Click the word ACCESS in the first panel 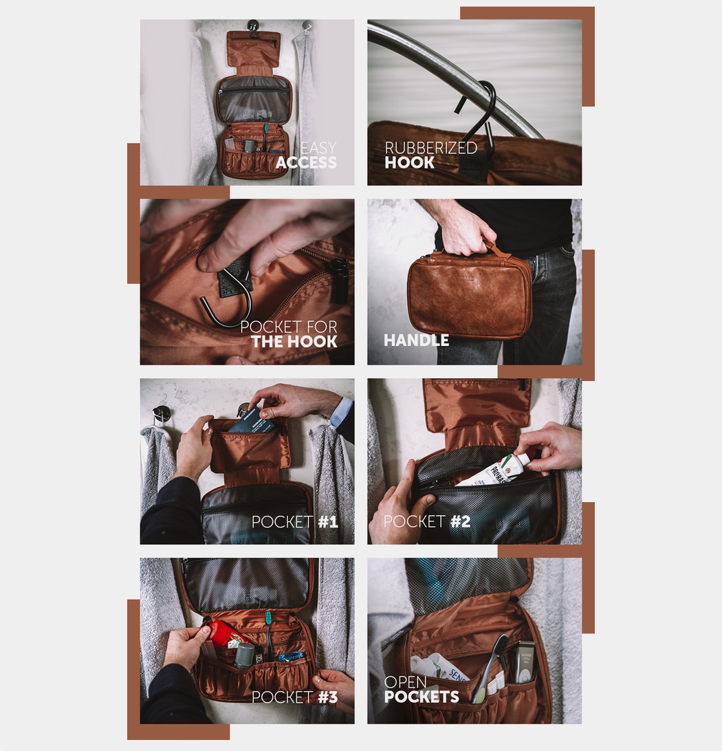pyautogui.click(x=306, y=162)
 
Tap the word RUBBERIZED pyautogui.click(x=431, y=147)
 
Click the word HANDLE pyautogui.click(x=416, y=340)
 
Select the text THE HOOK pyautogui.click(x=294, y=342)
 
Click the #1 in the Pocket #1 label pyautogui.click(x=328, y=521)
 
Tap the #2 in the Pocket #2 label pyautogui.click(x=460, y=521)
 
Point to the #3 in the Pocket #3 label pyautogui.click(x=328, y=697)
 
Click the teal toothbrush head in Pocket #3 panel pyautogui.click(x=268, y=618)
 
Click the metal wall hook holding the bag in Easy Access pyautogui.click(x=252, y=25)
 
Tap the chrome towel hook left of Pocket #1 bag pyautogui.click(x=161, y=414)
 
